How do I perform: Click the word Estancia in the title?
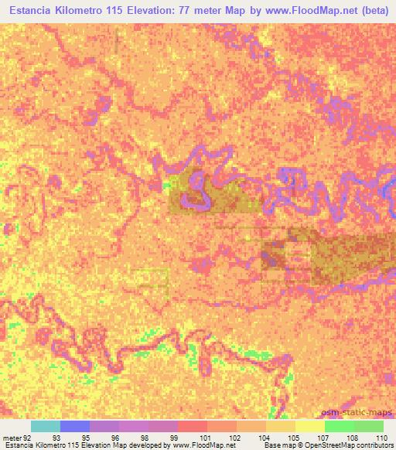(32, 11)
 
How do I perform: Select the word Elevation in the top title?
(169, 11)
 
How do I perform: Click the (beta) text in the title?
(374, 11)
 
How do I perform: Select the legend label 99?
(174, 437)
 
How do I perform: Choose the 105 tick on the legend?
(292, 437)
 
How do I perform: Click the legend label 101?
(203, 437)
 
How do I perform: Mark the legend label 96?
(115, 437)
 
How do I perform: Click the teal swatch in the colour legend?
(46, 426)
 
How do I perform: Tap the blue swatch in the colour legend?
(75, 426)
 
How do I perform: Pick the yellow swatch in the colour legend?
(309, 426)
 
